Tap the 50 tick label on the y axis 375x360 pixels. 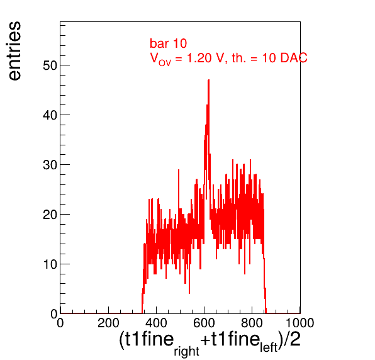50,65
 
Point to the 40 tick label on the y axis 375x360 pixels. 50,115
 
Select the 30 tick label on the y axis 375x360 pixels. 50,165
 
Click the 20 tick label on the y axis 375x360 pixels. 50,215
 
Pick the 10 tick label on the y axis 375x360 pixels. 50,264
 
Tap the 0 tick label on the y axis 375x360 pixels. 54,314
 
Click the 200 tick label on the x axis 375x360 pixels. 108,323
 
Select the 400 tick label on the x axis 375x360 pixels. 156,323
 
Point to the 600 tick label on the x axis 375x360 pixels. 204,323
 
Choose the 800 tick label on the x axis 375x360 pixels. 252,323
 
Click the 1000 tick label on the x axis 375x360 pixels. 300,323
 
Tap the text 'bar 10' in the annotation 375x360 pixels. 168,43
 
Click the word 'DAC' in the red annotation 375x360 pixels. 294,58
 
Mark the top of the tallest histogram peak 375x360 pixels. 208,80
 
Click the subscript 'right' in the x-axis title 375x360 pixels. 186,351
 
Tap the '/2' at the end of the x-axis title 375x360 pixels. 292,339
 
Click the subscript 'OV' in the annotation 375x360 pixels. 165,63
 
